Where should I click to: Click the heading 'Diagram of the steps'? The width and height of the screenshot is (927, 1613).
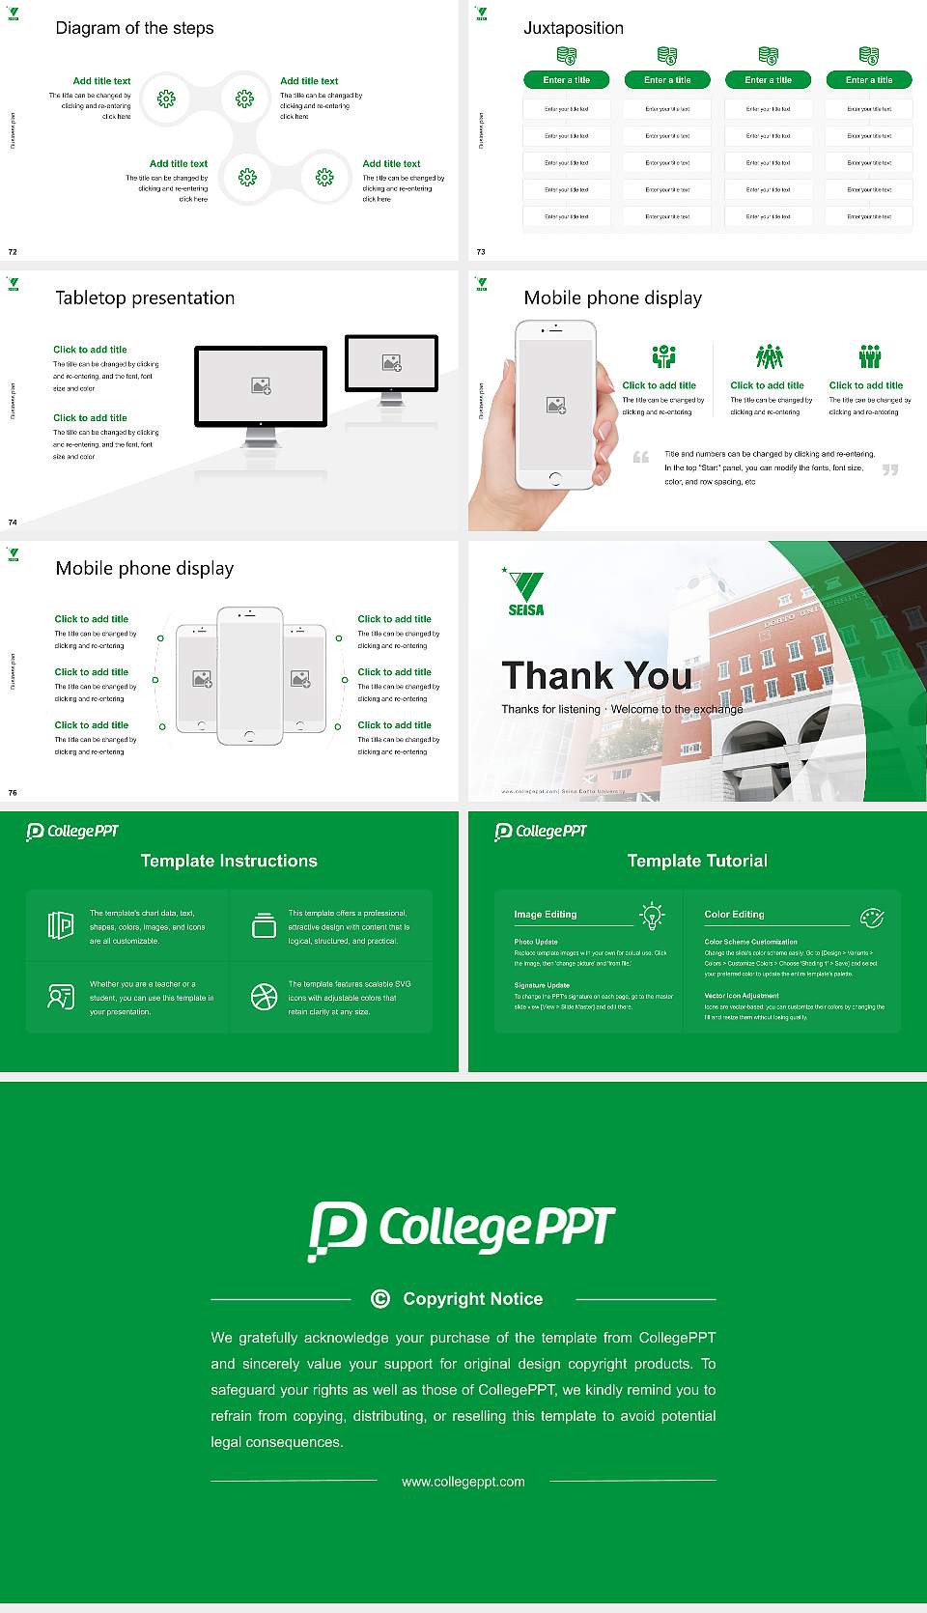coord(134,28)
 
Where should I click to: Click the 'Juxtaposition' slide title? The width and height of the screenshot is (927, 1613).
coord(573,28)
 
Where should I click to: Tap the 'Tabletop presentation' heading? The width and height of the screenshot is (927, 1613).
coord(145,297)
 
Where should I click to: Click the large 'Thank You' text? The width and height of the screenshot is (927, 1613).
coord(596,675)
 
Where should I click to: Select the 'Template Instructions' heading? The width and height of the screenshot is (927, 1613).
coord(229,861)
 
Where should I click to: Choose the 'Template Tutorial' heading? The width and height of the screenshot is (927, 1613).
coord(697,861)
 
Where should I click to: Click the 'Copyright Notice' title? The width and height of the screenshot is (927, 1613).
coord(472,1299)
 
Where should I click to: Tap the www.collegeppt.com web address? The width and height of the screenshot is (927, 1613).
coord(463,1482)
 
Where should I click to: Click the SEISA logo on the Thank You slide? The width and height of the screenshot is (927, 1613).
coord(526,592)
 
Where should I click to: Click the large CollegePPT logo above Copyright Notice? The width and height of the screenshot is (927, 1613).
coord(462,1230)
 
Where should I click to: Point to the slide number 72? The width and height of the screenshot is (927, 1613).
coord(13,251)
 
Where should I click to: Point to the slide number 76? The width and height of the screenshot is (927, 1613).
coord(13,792)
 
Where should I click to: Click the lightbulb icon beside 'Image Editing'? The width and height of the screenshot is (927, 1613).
coord(653,915)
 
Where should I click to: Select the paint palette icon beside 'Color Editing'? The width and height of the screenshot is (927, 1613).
coord(872,917)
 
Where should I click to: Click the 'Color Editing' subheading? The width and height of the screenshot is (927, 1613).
coord(734,914)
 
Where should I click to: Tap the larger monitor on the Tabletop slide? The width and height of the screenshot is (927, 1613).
coord(261,386)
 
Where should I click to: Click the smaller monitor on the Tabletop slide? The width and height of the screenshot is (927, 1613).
coord(391,364)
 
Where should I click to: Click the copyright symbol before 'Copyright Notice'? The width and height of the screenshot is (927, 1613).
coord(380,1299)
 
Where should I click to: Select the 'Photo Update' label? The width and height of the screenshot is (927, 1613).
coord(536,942)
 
